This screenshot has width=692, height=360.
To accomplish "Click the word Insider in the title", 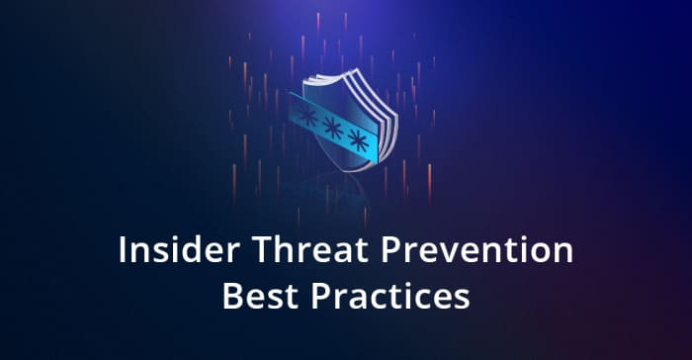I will pos(169,250).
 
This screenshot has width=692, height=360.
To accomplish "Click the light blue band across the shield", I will pos(331,130).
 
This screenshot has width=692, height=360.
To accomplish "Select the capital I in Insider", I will pos(123,250).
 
